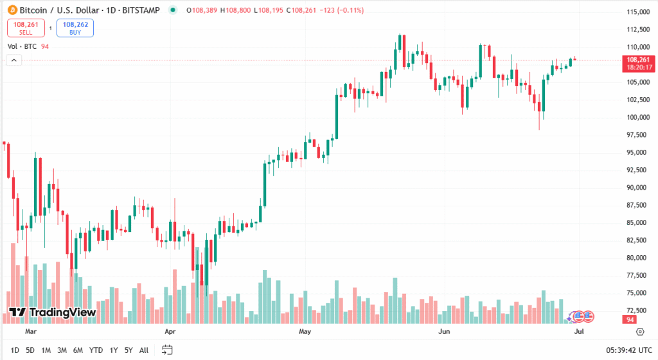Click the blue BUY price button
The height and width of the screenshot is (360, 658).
point(75,28)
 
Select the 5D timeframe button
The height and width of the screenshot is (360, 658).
point(30,350)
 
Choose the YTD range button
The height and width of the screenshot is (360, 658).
point(96,350)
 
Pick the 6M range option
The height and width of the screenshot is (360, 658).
point(78,350)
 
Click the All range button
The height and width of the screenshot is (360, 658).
point(144,350)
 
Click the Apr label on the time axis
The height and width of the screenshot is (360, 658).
point(170,332)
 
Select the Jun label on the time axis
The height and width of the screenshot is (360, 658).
point(443,332)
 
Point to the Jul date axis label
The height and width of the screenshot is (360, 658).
point(578,332)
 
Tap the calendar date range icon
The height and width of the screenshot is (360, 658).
point(167,350)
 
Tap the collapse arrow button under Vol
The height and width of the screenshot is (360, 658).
point(14,60)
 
